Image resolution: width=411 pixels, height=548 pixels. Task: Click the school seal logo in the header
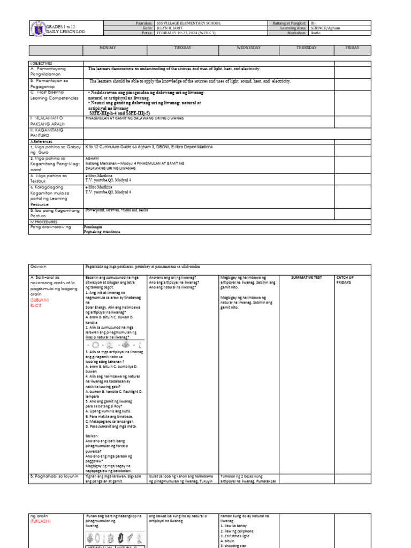pyautogui.click(x=38, y=28)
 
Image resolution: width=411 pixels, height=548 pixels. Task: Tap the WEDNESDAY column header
pyautogui.click(x=248, y=48)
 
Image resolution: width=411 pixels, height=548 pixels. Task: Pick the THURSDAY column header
pyautogui.click(x=307, y=48)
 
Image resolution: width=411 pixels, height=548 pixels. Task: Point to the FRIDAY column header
pyautogui.click(x=353, y=48)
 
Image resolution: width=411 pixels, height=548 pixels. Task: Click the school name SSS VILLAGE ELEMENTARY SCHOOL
pyautogui.click(x=188, y=24)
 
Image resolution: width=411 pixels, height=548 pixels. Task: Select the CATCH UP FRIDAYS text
pyautogui.click(x=345, y=280)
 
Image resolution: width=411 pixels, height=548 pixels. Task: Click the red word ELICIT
pyautogui.click(x=36, y=305)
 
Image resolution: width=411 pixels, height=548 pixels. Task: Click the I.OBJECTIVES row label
pyautogui.click(x=42, y=63)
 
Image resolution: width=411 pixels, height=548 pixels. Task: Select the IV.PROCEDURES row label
pyautogui.click(x=43, y=221)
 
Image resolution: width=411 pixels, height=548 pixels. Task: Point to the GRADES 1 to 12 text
pyautogui.click(x=62, y=26)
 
